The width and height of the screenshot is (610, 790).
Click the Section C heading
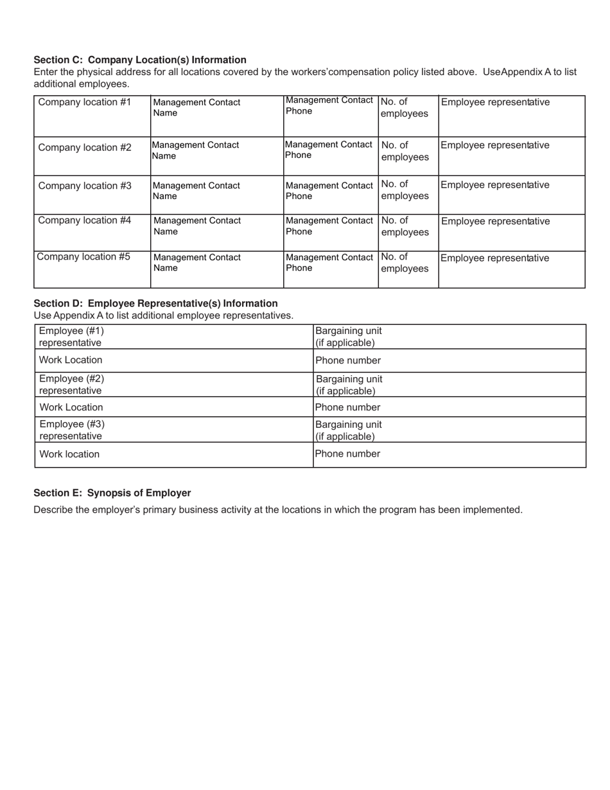pyautogui.click(x=140, y=60)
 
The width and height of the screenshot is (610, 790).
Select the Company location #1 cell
pyautogui.click(x=92, y=116)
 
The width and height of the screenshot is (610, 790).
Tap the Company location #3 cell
pyautogui.click(x=92, y=195)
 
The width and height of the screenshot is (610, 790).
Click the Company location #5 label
pyautogui.click(x=83, y=257)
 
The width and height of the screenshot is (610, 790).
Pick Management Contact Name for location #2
pyautogui.click(x=216, y=156)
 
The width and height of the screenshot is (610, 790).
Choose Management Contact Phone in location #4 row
pyautogui.click(x=330, y=233)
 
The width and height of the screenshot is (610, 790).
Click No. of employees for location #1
pyautogui.click(x=408, y=116)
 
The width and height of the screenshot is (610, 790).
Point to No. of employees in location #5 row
pyautogui.click(x=408, y=269)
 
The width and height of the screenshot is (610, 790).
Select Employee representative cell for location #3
pyautogui.click(x=511, y=195)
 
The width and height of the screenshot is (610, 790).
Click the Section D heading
pyautogui.click(x=155, y=303)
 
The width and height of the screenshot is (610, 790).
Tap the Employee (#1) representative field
pyautogui.click(x=173, y=337)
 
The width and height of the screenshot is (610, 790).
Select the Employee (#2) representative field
pyautogui.click(x=173, y=385)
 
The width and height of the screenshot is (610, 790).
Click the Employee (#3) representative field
pyautogui.click(x=173, y=430)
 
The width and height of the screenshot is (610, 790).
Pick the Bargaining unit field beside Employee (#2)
pyautogui.click(x=449, y=385)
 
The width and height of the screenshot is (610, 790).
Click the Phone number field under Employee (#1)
pyautogui.click(x=449, y=360)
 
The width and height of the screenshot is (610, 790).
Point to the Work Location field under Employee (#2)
pyautogui.click(x=173, y=407)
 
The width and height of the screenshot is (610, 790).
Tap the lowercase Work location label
pyautogui.click(x=69, y=454)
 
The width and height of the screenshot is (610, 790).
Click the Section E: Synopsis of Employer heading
pyautogui.click(x=112, y=493)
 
